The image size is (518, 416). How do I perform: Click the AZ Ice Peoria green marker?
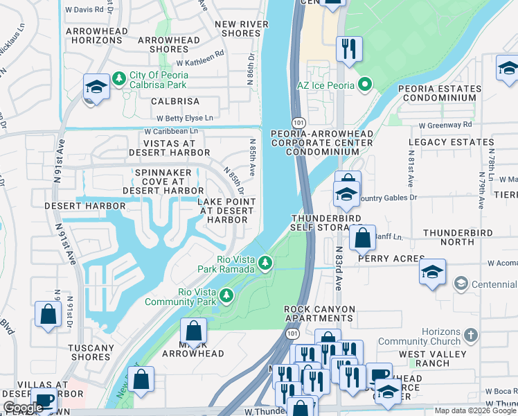(365, 85)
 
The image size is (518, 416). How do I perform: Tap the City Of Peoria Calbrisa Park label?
(159, 80)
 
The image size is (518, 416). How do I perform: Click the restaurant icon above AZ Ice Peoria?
(348, 49)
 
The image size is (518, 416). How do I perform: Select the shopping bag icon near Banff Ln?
(362, 238)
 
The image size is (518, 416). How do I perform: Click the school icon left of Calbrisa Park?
(96, 86)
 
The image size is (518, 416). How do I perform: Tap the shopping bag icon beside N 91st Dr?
(48, 314)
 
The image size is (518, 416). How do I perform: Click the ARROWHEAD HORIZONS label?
(97, 35)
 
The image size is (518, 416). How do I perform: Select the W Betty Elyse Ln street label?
(185, 119)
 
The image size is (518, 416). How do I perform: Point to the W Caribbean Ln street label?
(171, 130)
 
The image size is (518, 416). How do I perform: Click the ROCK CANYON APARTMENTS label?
(319, 313)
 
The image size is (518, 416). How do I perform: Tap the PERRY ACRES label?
(391, 258)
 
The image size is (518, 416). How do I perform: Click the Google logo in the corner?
(22, 408)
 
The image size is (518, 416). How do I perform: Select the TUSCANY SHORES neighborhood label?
(91, 353)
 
